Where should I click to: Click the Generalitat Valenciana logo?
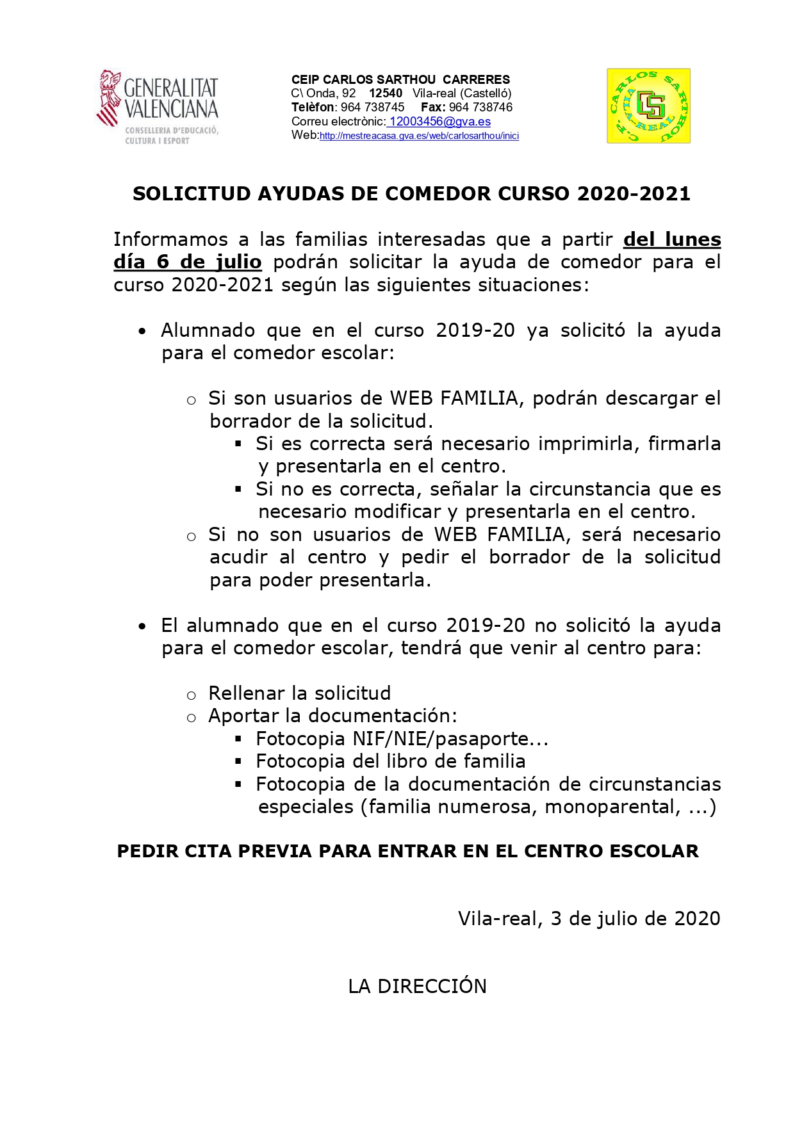tap(158, 106)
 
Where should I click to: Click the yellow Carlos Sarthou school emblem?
tap(648, 106)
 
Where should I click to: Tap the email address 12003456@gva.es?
tap(440, 122)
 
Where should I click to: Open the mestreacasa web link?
tap(419, 136)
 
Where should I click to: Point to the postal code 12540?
tap(386, 93)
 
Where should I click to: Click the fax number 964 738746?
tap(480, 108)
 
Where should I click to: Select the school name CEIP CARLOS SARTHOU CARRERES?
tap(400, 79)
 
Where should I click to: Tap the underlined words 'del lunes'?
tap(672, 239)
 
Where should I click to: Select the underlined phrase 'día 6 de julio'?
tap(188, 262)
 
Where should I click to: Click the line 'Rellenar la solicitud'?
tap(299, 693)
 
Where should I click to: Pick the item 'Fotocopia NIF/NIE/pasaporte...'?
tap(402, 739)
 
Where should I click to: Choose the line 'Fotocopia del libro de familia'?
tap(390, 761)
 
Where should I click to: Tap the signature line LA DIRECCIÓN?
tap(417, 987)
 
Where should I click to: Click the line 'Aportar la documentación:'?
tap(332, 716)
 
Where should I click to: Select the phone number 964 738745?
tap(372, 108)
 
